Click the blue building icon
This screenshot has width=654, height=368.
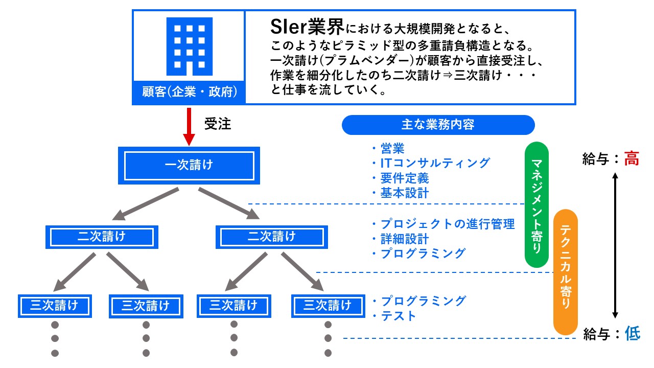189,47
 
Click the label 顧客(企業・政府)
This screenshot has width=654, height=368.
189,93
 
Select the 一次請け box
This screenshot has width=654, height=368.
189,165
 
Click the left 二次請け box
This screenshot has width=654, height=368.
101,237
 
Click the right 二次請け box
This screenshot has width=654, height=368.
271,237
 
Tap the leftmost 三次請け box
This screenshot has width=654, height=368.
54,306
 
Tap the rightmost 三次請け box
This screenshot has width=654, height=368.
328,306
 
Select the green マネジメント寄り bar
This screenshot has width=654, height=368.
536,204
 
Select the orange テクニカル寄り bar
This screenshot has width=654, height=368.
566,271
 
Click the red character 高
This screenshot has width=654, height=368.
632,159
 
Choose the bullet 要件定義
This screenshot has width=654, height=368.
404,178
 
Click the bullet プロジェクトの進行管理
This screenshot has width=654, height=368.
447,224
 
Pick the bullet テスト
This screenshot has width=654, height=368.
398,316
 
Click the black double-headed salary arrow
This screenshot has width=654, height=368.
616,245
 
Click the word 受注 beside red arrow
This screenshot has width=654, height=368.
218,124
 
